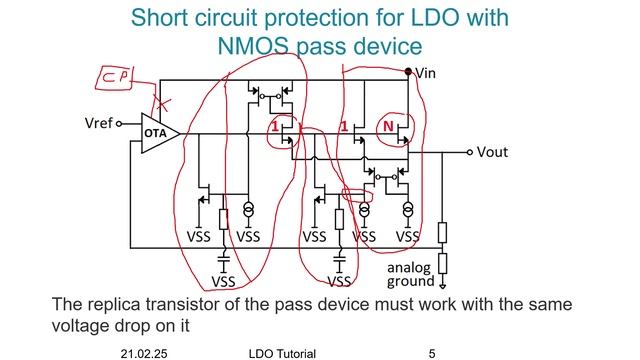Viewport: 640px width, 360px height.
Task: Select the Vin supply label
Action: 427,73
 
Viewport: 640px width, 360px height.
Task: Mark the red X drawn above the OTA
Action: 160,103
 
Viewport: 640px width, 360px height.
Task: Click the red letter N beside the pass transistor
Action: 387,128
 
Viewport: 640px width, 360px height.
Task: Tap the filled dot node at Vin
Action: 410,72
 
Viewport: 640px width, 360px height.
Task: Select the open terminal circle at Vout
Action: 469,153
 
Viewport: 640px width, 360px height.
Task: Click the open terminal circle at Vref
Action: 120,124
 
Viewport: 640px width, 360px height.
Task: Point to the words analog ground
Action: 411,274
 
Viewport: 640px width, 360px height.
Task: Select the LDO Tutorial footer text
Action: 282,353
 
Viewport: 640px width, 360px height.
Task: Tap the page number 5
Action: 432,353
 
